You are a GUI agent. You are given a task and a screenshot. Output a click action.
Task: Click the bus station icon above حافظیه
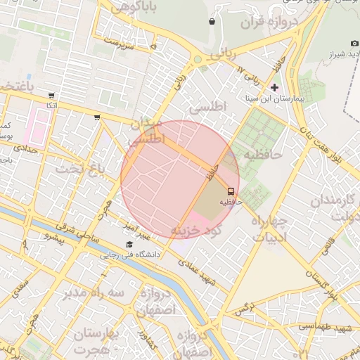click(x=230, y=191)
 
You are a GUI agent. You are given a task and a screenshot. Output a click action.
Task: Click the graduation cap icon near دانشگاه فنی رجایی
click(x=129, y=244)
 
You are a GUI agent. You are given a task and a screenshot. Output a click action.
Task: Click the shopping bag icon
click(x=212, y=22)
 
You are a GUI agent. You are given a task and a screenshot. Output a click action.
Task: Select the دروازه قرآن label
click(x=271, y=24)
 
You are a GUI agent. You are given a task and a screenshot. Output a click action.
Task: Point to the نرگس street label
click(x=244, y=307)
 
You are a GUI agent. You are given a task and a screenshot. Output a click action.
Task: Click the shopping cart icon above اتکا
click(x=51, y=95)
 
